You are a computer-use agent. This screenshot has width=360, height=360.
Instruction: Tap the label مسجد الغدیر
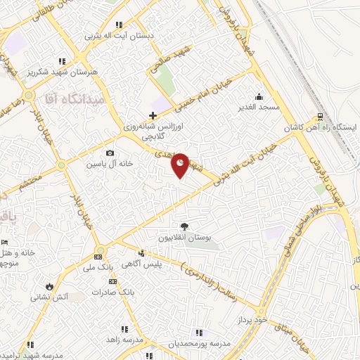point(259,108)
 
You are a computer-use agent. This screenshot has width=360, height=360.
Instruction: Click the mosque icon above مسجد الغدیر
point(259,96)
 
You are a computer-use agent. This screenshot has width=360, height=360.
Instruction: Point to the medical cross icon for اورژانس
point(153,115)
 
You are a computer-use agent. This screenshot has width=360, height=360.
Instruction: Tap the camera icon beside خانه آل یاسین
point(109,153)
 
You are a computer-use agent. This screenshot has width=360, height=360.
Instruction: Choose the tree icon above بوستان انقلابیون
point(184,226)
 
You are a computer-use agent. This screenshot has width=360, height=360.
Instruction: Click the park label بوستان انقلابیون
point(184,238)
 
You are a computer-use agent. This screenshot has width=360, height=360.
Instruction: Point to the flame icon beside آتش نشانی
point(49,286)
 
